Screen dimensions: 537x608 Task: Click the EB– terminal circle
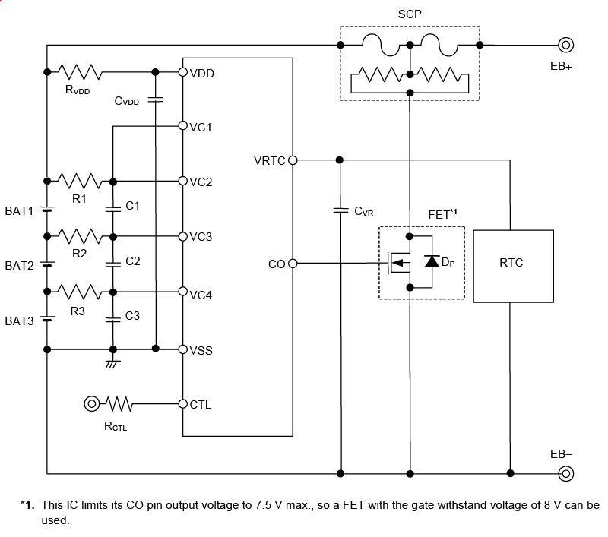pyautogui.click(x=565, y=474)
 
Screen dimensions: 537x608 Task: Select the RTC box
pyautogui.click(x=511, y=264)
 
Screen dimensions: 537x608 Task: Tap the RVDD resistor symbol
pyautogui.click(x=80, y=72)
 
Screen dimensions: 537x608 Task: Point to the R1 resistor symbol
pyautogui.click(x=80, y=182)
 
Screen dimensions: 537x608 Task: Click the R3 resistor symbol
pyautogui.click(x=80, y=292)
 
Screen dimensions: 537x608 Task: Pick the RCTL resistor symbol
pyautogui.click(x=120, y=403)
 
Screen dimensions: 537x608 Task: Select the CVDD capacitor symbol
pyautogui.click(x=156, y=100)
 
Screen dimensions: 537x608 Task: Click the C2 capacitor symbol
pyautogui.click(x=112, y=264)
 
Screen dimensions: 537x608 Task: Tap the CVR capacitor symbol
pyautogui.click(x=340, y=210)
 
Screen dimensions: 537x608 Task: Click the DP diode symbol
pyautogui.click(x=432, y=263)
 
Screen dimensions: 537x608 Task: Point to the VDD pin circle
pyautogui.click(x=183, y=72)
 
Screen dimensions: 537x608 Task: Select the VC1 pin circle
pyautogui.click(x=183, y=126)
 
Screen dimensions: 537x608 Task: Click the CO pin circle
pyautogui.click(x=293, y=264)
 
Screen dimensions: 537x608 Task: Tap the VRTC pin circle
pyautogui.click(x=293, y=160)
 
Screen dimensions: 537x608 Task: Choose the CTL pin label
pyautogui.click(x=201, y=405)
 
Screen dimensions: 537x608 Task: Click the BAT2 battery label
pyautogui.click(x=19, y=266)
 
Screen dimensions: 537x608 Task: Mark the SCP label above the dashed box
pyautogui.click(x=409, y=14)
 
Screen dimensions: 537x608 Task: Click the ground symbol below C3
pyautogui.click(x=112, y=364)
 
